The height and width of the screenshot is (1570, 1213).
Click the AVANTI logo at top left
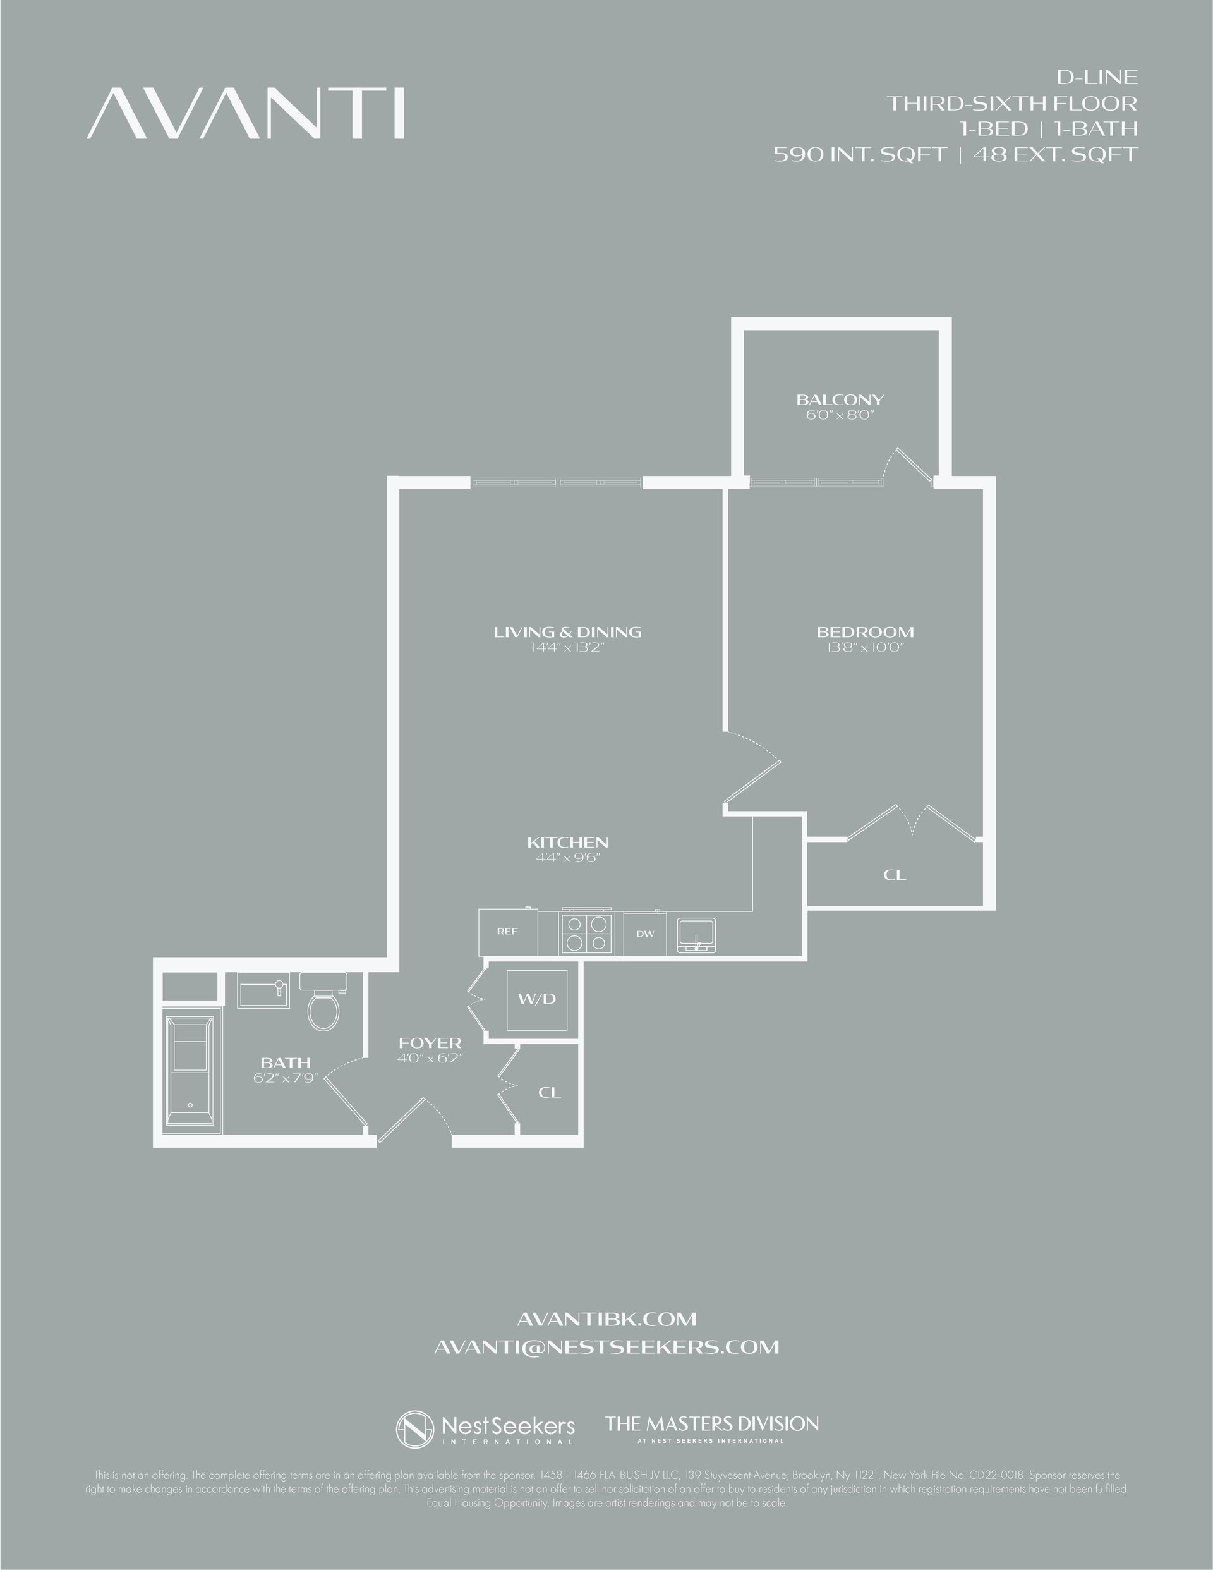[x=246, y=114]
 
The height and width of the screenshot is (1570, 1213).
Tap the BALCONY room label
[x=840, y=399]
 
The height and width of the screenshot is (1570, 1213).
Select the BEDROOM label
[x=865, y=633]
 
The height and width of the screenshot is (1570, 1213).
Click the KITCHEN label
[x=568, y=843]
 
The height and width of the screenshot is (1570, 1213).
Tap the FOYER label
[x=430, y=1043]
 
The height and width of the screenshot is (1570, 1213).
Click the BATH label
[x=286, y=1062]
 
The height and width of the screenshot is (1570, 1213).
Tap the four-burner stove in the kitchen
[x=587, y=932]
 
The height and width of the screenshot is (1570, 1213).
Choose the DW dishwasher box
[x=644, y=934]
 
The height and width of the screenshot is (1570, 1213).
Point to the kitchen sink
[x=694, y=934]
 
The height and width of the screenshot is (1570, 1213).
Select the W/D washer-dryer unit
[x=538, y=999]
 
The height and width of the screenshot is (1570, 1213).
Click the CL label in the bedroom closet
[x=895, y=875]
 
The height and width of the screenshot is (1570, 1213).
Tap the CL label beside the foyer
[x=550, y=1093]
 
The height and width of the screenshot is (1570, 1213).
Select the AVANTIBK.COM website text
[x=606, y=1319]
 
